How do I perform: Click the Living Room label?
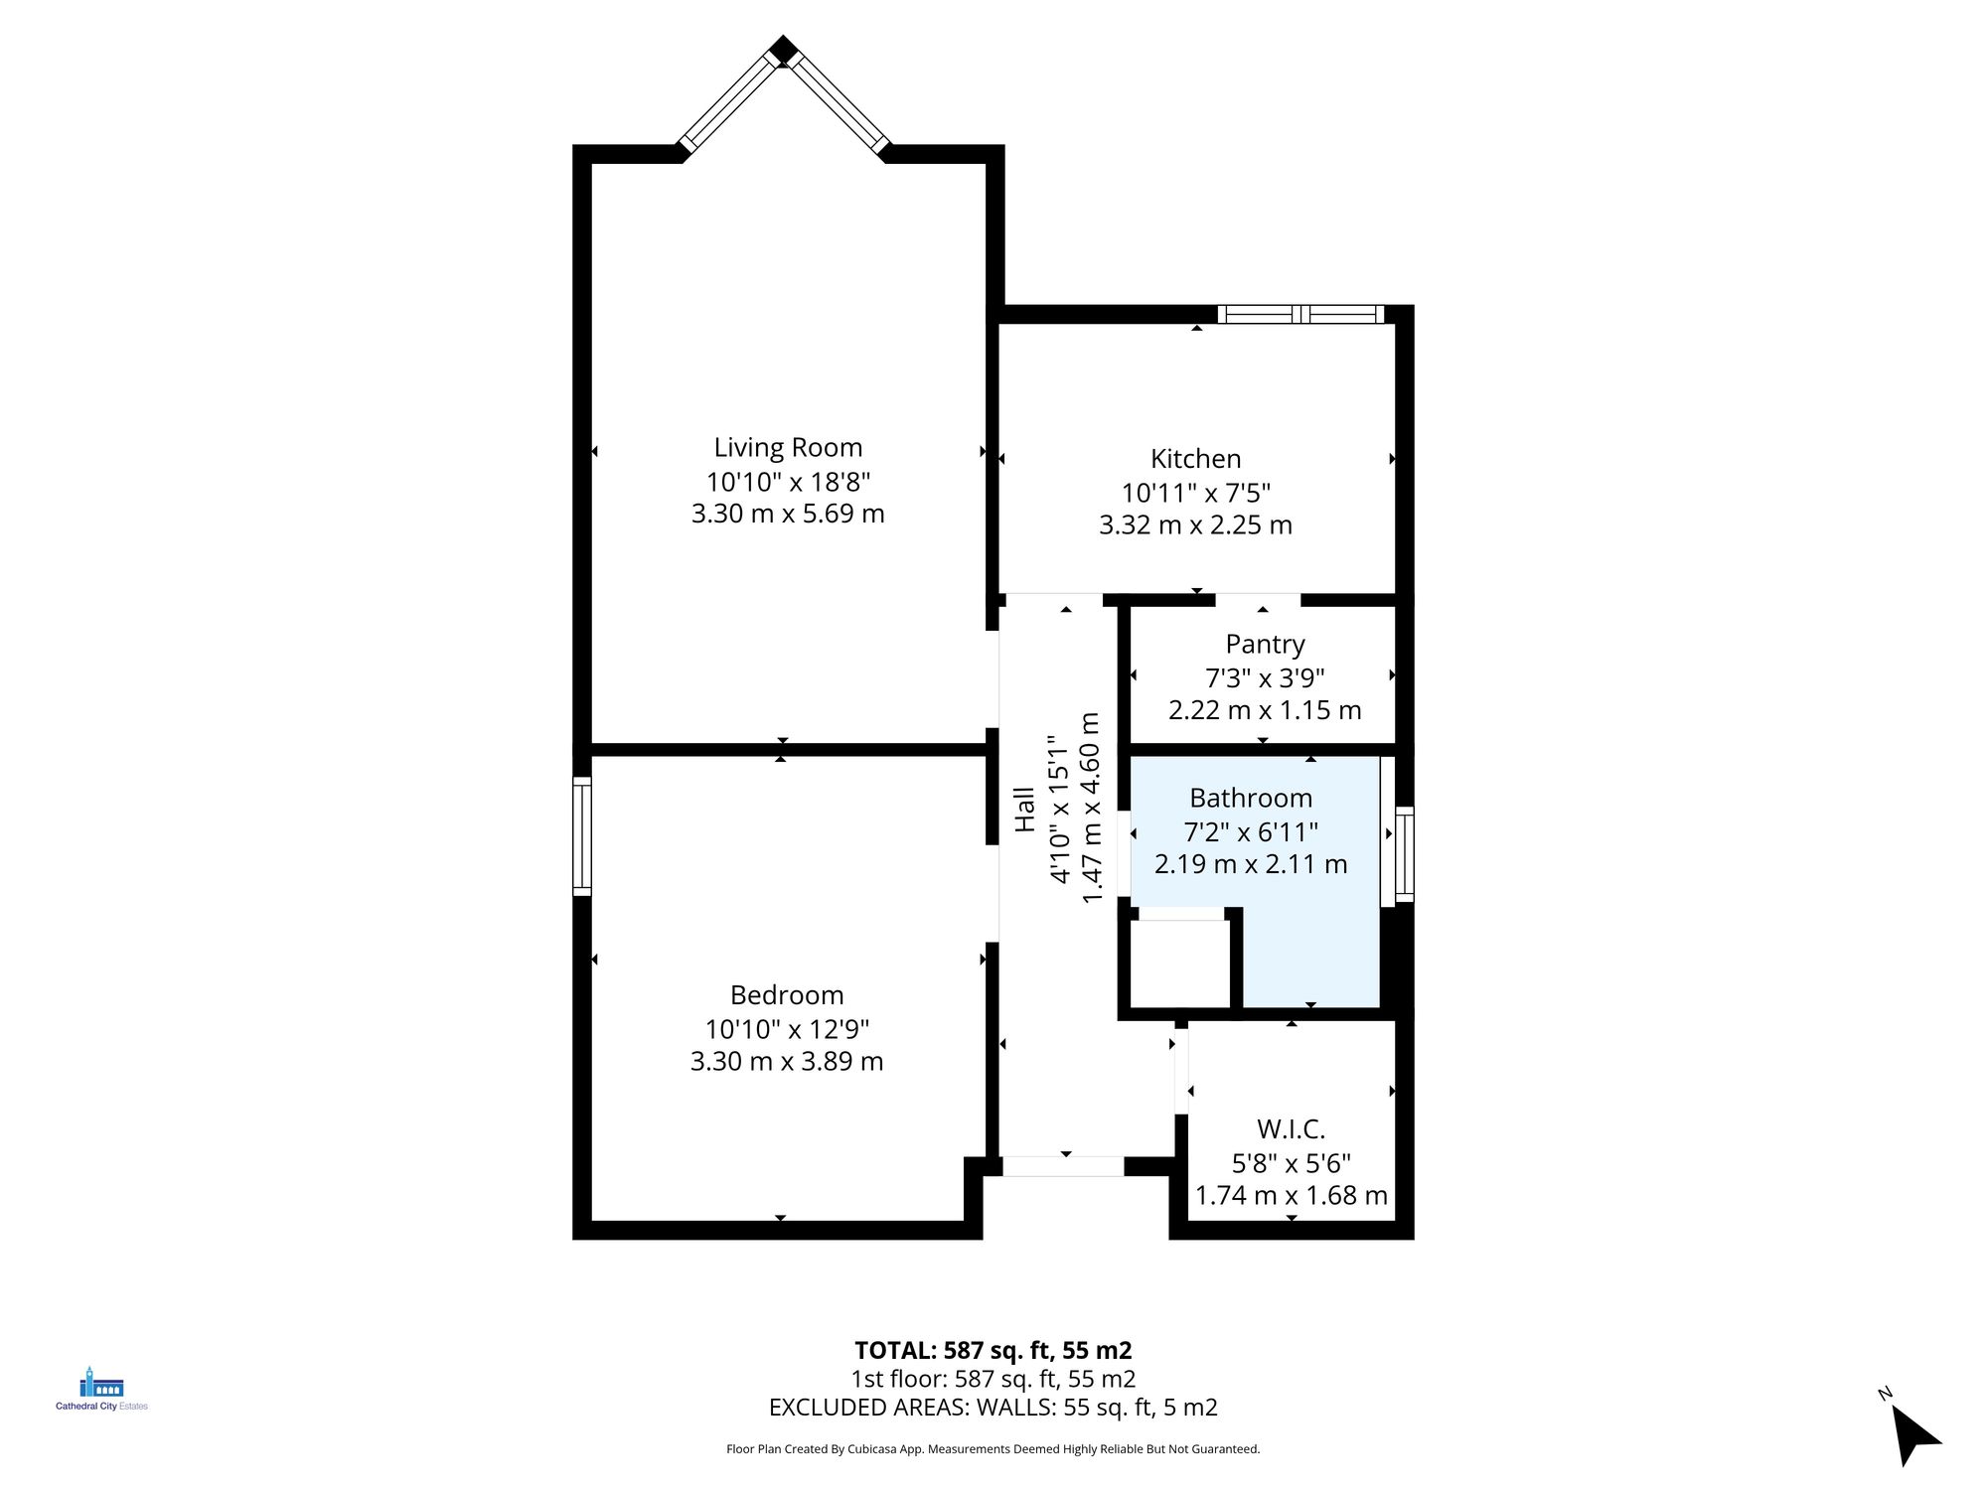pyautogui.click(x=788, y=448)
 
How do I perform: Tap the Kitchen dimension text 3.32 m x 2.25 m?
pyautogui.click(x=1195, y=525)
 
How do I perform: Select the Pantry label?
pyautogui.click(x=1265, y=645)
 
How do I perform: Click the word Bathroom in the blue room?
pyautogui.click(x=1251, y=799)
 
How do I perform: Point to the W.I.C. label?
pyautogui.click(x=1291, y=1129)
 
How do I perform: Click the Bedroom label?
pyautogui.click(x=787, y=995)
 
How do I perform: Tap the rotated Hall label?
pyautogui.click(x=1024, y=810)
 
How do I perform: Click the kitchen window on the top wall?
pyautogui.click(x=1300, y=315)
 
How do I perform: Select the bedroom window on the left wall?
pyautogui.click(x=582, y=836)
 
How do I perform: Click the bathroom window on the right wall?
pyautogui.click(x=1404, y=854)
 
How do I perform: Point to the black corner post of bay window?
pyautogui.click(x=784, y=50)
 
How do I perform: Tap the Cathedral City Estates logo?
pyautogui.click(x=101, y=1389)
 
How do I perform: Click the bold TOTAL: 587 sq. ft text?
pyautogui.click(x=993, y=1351)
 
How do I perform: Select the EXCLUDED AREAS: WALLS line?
pyautogui.click(x=993, y=1408)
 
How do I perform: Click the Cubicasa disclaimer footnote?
pyautogui.click(x=993, y=1449)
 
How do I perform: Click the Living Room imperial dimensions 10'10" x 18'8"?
pyautogui.click(x=788, y=483)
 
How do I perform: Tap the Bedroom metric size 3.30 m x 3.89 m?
pyautogui.click(x=787, y=1062)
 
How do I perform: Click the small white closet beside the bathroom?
pyautogui.click(x=1180, y=963)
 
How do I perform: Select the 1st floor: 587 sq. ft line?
pyautogui.click(x=993, y=1379)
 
